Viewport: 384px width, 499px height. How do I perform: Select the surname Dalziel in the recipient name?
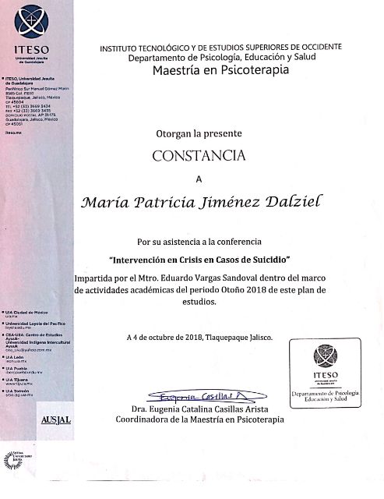tap(277, 202)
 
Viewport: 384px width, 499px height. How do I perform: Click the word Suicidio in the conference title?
tap(267, 258)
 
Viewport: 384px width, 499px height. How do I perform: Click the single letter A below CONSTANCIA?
tap(198, 179)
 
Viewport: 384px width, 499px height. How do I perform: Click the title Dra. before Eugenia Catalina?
tap(140, 409)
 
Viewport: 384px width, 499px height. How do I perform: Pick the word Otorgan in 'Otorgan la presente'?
tap(174, 133)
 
